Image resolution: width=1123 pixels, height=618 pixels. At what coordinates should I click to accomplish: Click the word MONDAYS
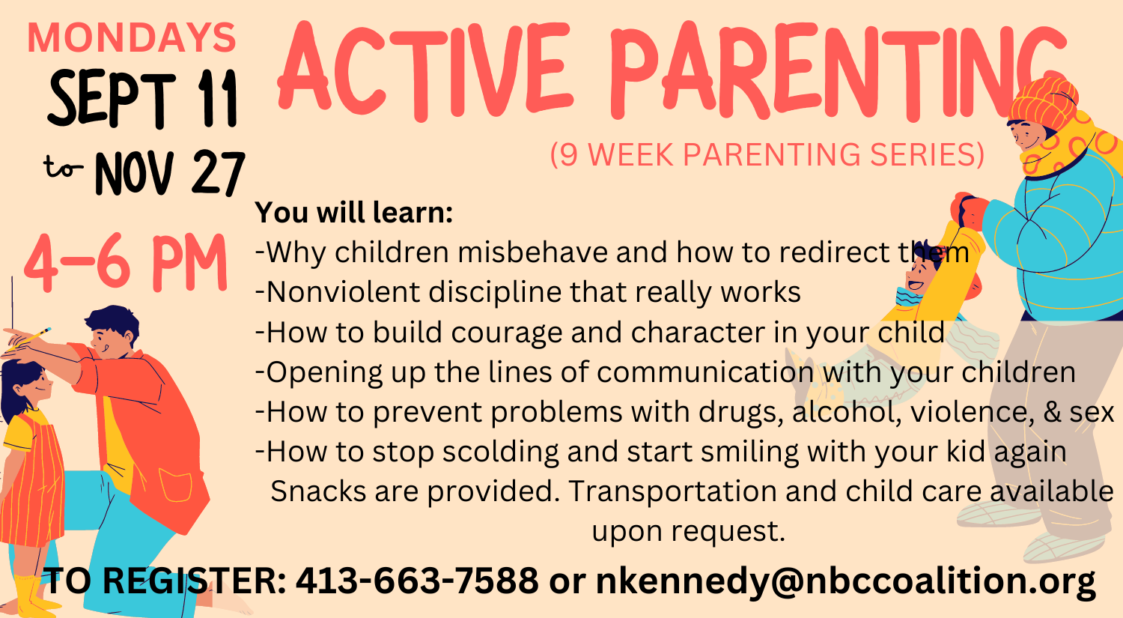pyautogui.click(x=131, y=39)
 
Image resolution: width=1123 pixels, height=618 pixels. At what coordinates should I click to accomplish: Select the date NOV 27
pyautogui.click(x=169, y=173)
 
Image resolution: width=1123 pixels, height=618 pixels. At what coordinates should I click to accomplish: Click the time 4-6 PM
pyautogui.click(x=126, y=264)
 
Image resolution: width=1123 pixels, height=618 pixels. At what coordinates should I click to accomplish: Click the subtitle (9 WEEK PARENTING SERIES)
pyautogui.click(x=767, y=154)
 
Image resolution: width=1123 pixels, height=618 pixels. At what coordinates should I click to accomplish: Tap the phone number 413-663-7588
pyautogui.click(x=416, y=581)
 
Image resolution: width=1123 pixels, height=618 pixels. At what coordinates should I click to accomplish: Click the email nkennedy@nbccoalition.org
pyautogui.click(x=845, y=581)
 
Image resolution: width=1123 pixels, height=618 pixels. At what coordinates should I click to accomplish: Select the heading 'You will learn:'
pyautogui.click(x=354, y=213)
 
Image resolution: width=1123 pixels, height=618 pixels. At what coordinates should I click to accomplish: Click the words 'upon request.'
pyautogui.click(x=688, y=531)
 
